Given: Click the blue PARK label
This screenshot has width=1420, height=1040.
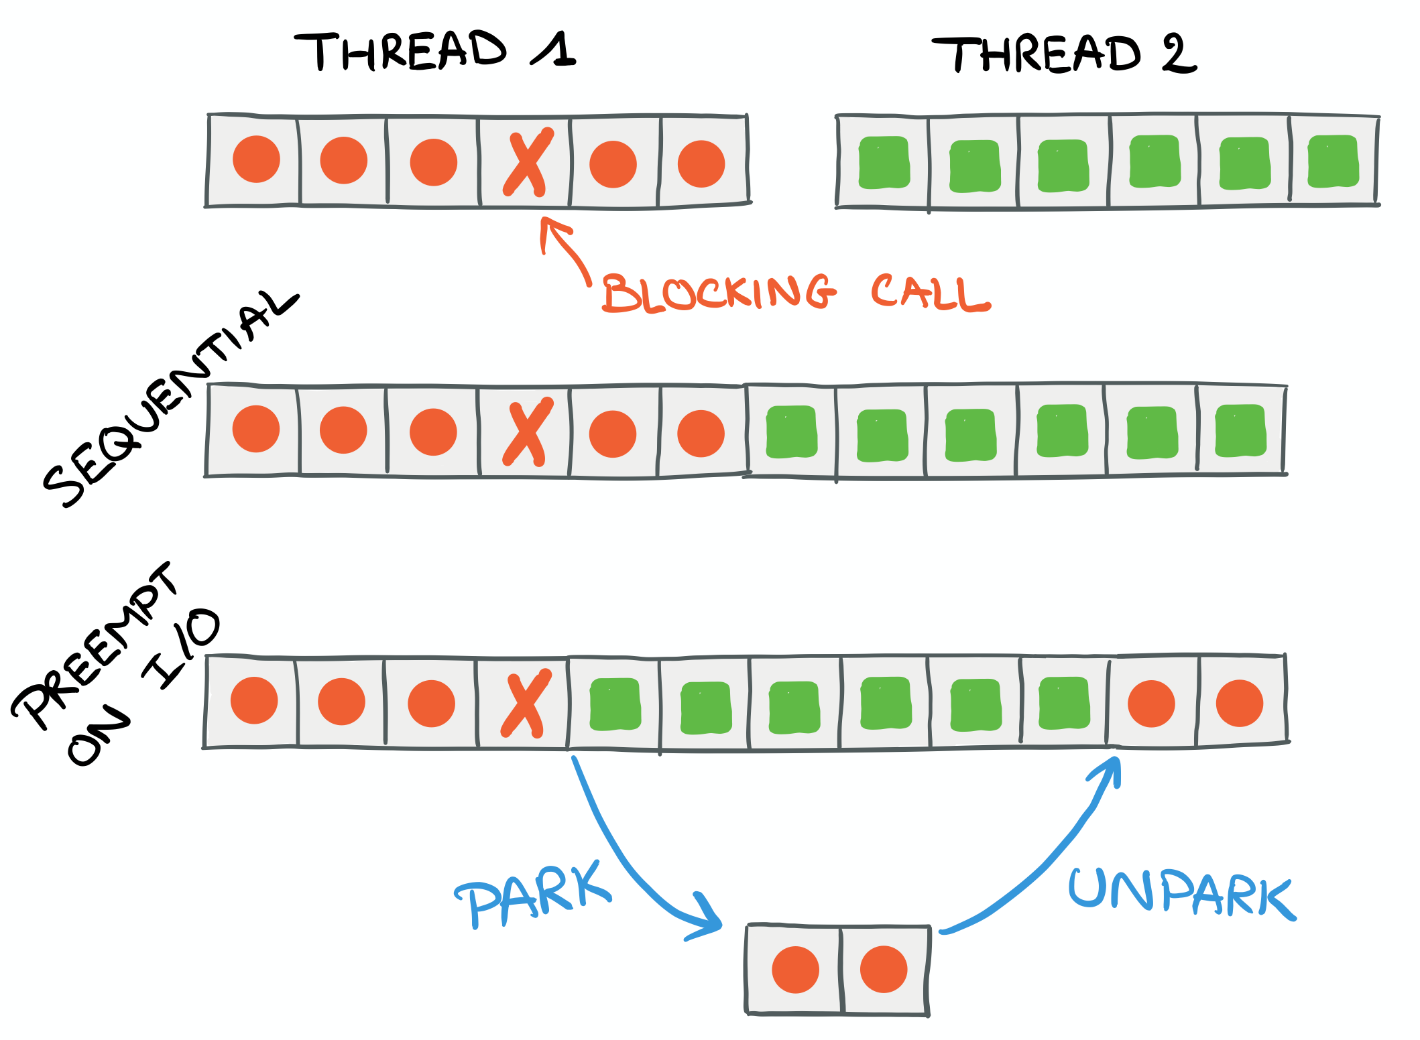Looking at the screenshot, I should coord(533,895).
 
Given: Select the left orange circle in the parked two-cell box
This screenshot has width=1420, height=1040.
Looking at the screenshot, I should coord(795,970).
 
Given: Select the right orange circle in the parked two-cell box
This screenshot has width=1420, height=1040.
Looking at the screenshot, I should coord(884,970).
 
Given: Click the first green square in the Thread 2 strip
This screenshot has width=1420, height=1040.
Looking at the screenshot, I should coord(884,163).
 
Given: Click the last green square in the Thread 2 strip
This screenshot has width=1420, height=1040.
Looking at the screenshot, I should coord(1333,161).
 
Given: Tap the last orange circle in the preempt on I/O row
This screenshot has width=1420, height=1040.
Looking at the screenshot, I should coord(1239,704).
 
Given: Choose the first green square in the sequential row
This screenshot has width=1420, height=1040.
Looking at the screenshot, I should coord(791,432).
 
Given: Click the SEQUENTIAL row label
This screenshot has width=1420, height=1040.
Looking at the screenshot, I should coord(168,402).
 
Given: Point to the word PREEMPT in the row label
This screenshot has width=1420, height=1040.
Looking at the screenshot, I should coord(94,647).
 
